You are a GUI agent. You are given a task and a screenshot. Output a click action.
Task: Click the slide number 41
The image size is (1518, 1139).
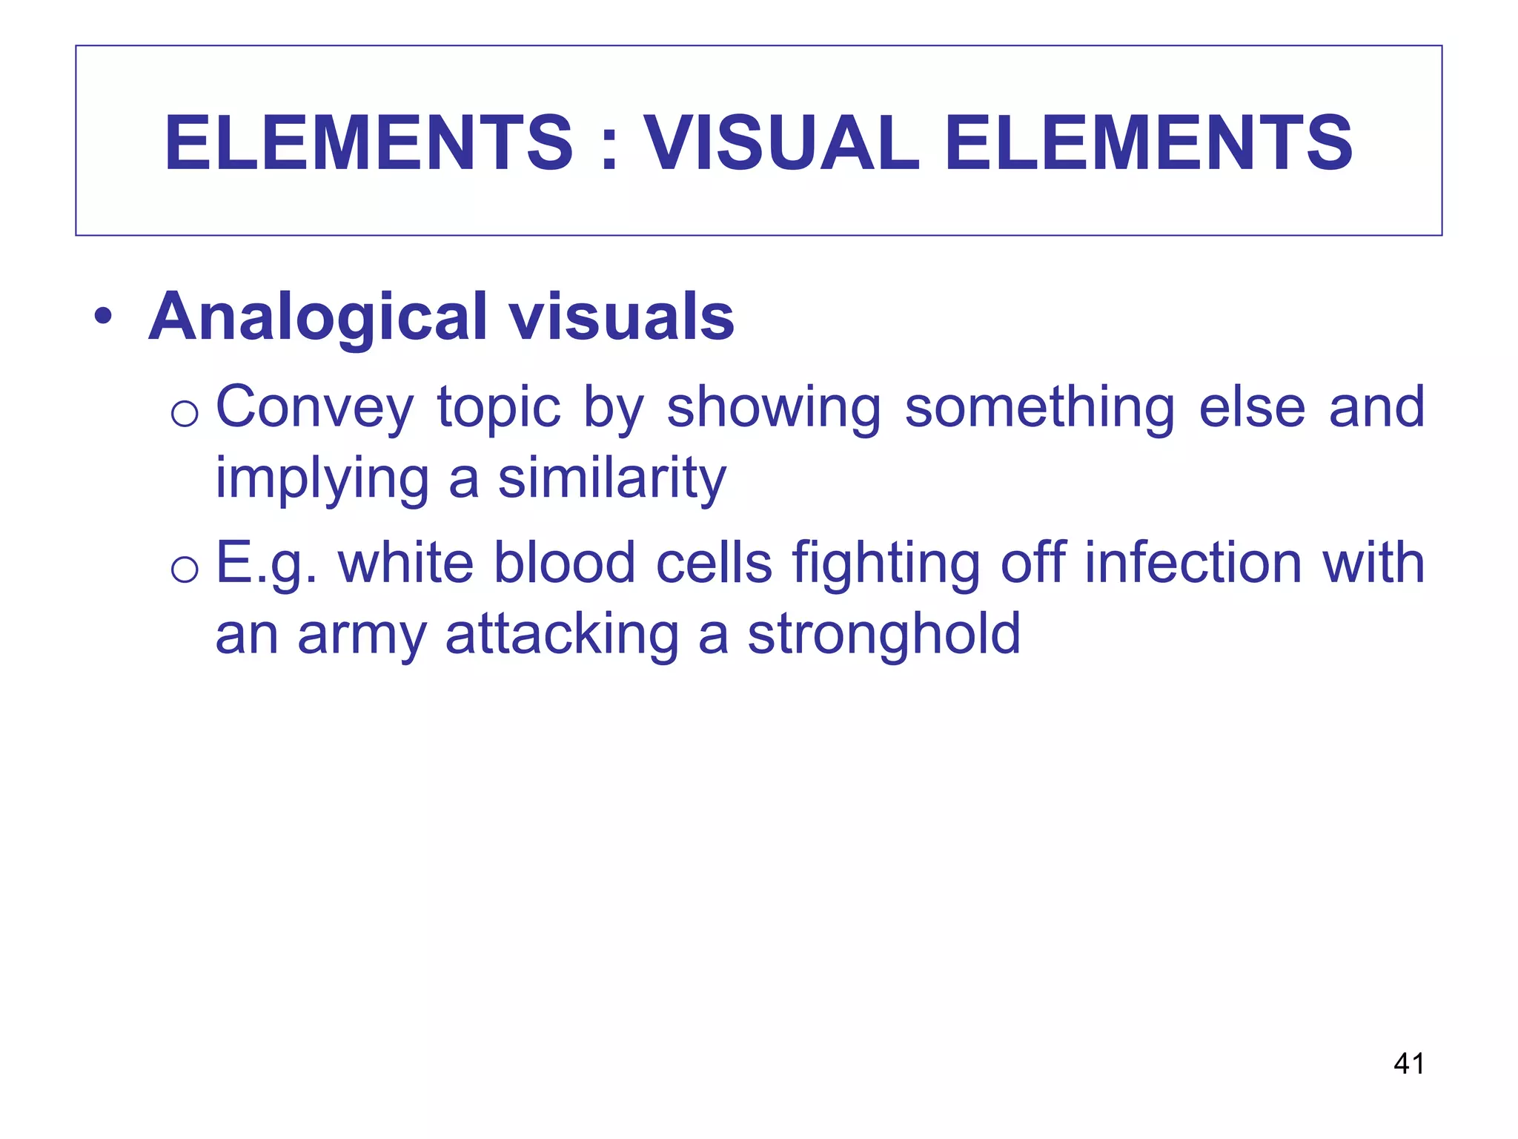point(1408,1063)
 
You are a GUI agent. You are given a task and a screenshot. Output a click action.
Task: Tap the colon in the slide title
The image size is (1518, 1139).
point(609,145)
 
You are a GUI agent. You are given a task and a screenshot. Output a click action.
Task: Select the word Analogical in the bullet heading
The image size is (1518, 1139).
point(318,317)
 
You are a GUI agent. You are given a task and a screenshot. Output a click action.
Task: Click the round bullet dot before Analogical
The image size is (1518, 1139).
point(103,318)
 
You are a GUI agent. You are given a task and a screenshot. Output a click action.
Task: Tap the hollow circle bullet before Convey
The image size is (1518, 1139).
point(184,412)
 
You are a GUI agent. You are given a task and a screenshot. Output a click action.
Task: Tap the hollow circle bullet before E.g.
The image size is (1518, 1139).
point(184,569)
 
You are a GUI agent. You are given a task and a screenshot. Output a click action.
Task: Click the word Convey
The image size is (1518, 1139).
point(314,408)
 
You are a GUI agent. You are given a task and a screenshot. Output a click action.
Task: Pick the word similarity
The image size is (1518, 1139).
point(611,478)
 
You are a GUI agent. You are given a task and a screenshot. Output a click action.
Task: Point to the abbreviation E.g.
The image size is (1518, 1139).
point(267,564)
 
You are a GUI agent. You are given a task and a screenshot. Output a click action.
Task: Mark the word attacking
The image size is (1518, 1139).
point(562,635)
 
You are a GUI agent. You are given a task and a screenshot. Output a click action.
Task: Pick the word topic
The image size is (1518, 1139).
point(499,408)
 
